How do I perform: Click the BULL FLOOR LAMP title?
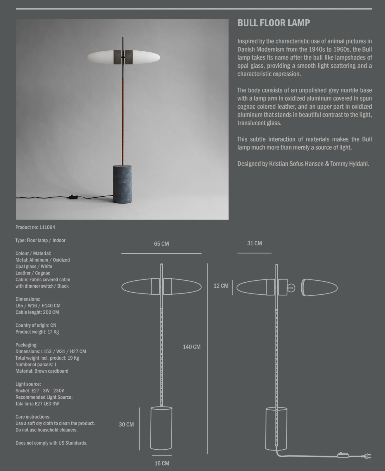274,23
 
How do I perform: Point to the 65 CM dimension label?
161,244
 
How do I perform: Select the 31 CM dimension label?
255,243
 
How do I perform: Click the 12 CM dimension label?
221,286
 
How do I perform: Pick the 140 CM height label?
192,347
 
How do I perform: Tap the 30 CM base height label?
126,425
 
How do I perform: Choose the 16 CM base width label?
162,463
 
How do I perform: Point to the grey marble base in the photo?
123,184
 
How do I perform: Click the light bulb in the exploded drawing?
291,288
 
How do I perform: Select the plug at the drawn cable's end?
367,456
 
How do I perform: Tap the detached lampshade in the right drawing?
319,288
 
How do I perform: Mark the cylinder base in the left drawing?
161,428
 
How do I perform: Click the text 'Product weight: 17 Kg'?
37,332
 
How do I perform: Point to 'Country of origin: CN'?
36,325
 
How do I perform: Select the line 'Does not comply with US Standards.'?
51,443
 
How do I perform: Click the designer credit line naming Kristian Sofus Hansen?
303,164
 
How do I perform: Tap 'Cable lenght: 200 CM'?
37,312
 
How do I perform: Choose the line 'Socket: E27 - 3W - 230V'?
40,391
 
